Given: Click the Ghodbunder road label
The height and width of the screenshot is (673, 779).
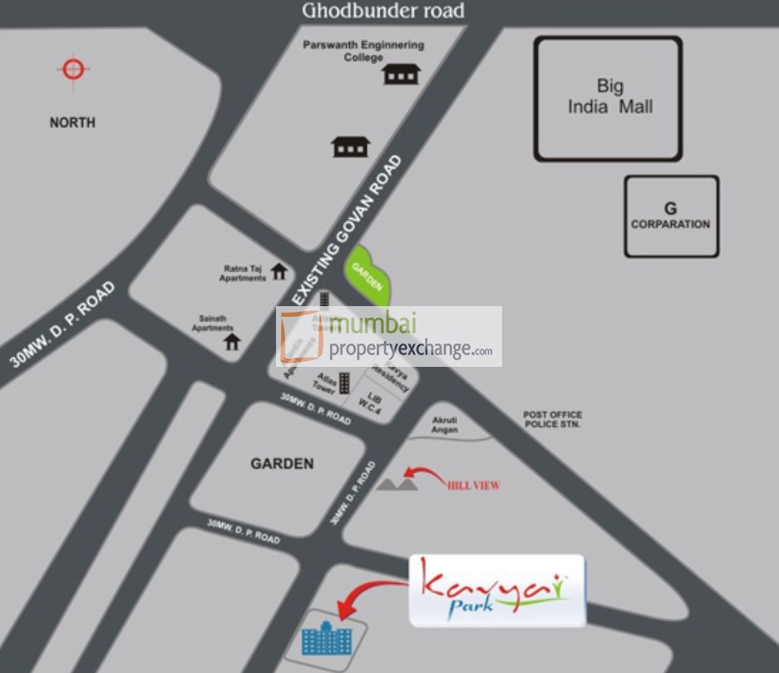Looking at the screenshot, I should point(382,11).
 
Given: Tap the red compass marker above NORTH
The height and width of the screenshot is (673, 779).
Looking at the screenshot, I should point(73,68).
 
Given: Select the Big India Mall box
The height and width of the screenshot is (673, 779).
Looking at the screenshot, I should point(608,98).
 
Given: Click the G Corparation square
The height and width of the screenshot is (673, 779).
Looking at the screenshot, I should point(671,215).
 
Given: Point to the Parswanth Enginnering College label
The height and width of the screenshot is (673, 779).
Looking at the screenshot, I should point(363,51).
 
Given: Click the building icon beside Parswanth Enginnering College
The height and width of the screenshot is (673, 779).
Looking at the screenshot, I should point(401,75).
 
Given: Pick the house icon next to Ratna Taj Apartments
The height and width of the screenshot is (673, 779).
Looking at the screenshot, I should point(279,271).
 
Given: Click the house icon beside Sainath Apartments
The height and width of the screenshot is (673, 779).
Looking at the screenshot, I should point(232,340).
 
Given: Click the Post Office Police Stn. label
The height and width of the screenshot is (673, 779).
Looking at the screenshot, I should point(552,419).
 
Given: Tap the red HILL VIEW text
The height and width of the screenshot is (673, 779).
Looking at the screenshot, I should point(473,486).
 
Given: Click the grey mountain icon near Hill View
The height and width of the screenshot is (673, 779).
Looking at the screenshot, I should point(397,481).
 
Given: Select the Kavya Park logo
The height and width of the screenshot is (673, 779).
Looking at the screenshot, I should point(496,591).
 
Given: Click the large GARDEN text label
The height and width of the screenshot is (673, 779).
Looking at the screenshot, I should point(283,463).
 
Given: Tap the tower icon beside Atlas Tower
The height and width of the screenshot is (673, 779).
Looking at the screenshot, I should point(344,383).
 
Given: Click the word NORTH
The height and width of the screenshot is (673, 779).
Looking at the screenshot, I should point(72,122).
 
